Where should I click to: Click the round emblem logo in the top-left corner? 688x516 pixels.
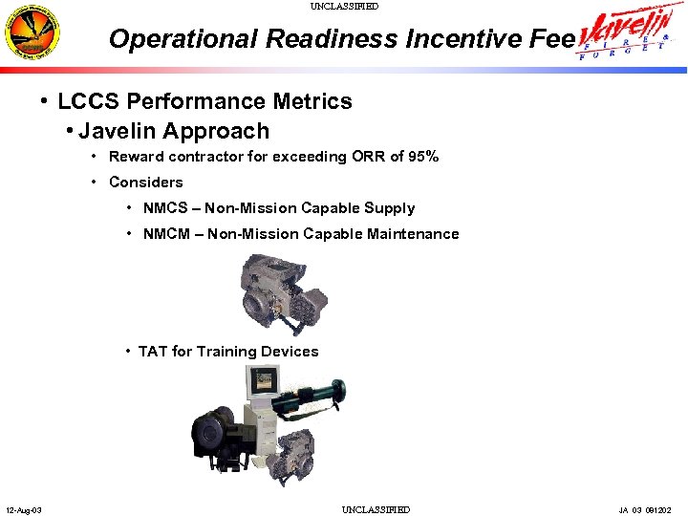32,34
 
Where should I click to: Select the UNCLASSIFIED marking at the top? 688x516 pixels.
344,7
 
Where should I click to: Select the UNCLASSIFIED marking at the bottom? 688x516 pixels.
376,509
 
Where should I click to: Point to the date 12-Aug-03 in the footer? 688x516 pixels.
23,509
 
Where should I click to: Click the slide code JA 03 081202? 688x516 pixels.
652,509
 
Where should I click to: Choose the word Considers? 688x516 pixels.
145,183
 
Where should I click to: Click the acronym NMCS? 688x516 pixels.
165,208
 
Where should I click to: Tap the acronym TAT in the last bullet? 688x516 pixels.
152,352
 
